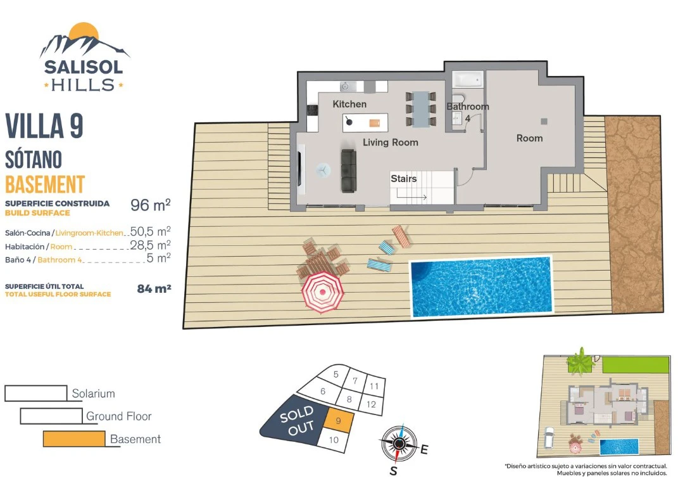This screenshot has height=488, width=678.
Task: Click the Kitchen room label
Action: tap(349, 104)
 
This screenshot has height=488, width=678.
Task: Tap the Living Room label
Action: tap(391, 142)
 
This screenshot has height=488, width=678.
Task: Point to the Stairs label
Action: tap(403, 178)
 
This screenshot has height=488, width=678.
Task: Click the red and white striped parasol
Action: tap(323, 292)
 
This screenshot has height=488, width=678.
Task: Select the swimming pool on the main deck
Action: tap(481, 286)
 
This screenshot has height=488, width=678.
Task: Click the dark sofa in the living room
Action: tap(349, 170)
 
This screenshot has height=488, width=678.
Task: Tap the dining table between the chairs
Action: tap(420, 108)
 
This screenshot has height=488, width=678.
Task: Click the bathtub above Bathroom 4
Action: tap(467, 80)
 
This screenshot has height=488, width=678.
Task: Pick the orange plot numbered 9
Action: tap(339, 420)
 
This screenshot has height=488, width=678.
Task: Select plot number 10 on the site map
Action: tap(334, 440)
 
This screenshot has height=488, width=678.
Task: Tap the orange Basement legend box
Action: tap(74, 439)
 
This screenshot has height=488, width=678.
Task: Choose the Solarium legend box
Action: tap(36, 393)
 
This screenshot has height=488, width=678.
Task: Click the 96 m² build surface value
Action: tap(151, 205)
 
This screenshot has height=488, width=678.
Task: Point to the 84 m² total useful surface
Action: tap(154, 289)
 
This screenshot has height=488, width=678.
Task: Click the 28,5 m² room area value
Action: tap(151, 245)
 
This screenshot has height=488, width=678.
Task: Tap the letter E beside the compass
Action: tap(424, 449)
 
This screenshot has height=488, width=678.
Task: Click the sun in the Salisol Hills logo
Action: tap(84, 33)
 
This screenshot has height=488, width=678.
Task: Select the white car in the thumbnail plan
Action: tap(549, 437)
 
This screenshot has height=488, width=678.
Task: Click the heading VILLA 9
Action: tap(44, 126)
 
